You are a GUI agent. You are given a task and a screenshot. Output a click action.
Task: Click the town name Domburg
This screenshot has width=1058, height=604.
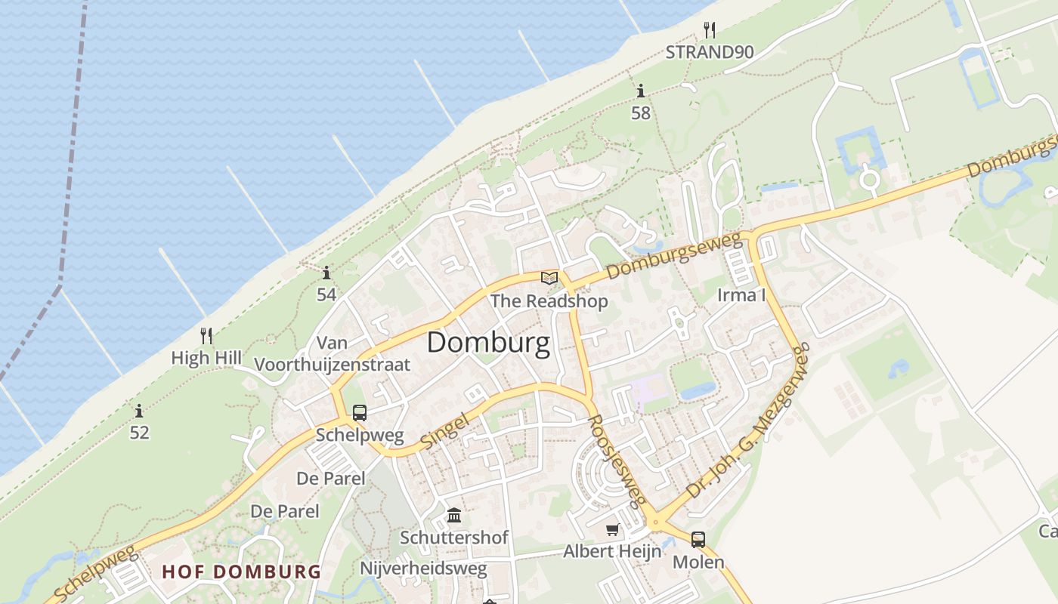click(488, 344)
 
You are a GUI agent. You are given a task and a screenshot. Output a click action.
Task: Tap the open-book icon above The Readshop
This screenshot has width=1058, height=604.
click(549, 279)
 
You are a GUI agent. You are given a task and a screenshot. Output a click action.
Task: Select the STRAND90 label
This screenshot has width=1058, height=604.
click(709, 52)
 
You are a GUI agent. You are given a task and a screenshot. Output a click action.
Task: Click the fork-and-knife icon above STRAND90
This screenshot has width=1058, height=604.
click(709, 30)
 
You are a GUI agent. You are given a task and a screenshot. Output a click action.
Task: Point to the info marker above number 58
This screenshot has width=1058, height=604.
click(641, 91)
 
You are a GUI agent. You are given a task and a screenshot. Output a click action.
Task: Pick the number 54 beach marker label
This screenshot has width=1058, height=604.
click(326, 294)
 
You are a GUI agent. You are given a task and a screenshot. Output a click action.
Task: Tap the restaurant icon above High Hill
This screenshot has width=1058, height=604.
click(206, 335)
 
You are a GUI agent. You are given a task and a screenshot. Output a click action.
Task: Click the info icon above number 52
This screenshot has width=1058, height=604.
click(139, 411)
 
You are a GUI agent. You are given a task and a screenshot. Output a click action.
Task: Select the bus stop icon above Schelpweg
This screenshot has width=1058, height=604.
click(360, 413)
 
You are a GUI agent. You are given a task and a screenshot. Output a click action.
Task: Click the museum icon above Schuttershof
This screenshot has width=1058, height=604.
click(454, 516)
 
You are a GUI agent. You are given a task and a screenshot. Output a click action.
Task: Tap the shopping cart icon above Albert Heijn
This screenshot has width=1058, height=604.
click(612, 530)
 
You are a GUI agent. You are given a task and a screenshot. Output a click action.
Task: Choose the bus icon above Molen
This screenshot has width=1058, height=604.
click(698, 540)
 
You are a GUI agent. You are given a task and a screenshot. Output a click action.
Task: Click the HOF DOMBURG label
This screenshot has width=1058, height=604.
click(242, 572)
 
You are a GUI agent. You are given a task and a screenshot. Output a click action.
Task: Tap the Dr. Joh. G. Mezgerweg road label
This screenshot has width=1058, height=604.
click(747, 430)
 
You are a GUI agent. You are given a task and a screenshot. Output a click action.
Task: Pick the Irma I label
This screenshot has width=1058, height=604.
click(741, 295)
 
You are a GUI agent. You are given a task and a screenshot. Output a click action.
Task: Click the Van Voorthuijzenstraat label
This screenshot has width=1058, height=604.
click(333, 354)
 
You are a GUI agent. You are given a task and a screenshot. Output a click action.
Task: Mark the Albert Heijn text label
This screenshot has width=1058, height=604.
click(612, 551)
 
